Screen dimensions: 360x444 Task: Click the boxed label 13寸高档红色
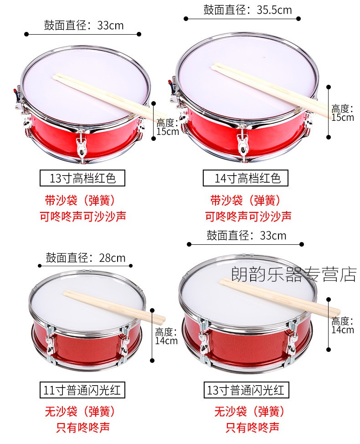point(82,178)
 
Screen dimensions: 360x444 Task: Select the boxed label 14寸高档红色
point(245,178)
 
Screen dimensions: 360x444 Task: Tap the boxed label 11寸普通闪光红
point(82,390)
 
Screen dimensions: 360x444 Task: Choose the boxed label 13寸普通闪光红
point(246,390)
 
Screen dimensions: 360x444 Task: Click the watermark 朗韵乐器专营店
point(294,274)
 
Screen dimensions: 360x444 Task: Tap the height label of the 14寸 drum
point(343,113)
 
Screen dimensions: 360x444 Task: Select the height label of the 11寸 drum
point(166,336)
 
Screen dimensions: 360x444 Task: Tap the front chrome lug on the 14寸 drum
point(242,142)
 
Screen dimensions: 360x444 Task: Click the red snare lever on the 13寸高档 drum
point(15,92)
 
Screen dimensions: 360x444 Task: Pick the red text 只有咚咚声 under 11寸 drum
point(82,427)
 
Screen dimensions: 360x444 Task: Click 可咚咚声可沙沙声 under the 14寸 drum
point(248,217)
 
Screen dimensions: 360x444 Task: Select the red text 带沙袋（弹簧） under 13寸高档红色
point(80,201)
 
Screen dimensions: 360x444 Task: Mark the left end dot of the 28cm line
point(40,266)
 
